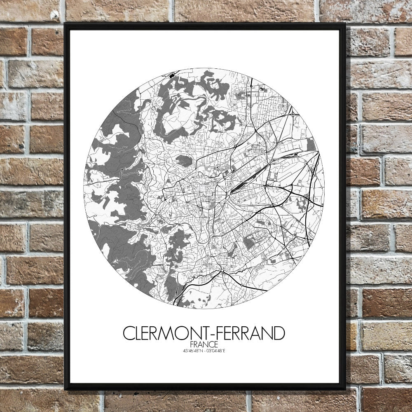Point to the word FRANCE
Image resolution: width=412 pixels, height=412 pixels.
(204, 344)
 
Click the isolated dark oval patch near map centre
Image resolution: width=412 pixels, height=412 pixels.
(184, 161)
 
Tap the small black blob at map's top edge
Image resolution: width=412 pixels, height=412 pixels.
(171, 75)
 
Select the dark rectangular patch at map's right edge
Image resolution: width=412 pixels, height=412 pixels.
(311, 144)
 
